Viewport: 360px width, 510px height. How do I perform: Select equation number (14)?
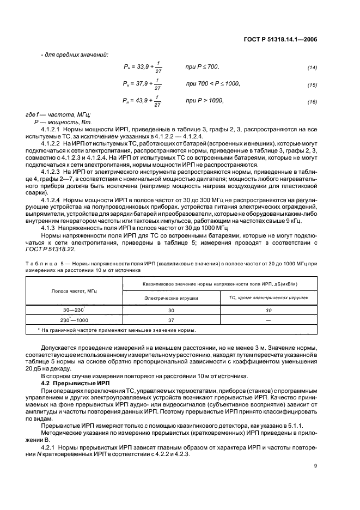click(312, 68)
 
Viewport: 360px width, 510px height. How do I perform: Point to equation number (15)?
click(312, 85)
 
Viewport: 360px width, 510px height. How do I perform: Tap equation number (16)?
click(312, 102)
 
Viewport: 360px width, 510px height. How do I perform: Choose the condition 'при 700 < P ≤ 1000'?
click(212, 83)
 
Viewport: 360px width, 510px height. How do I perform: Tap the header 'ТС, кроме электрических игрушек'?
click(267, 299)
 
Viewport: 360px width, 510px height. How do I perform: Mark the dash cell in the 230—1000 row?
click(267, 320)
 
